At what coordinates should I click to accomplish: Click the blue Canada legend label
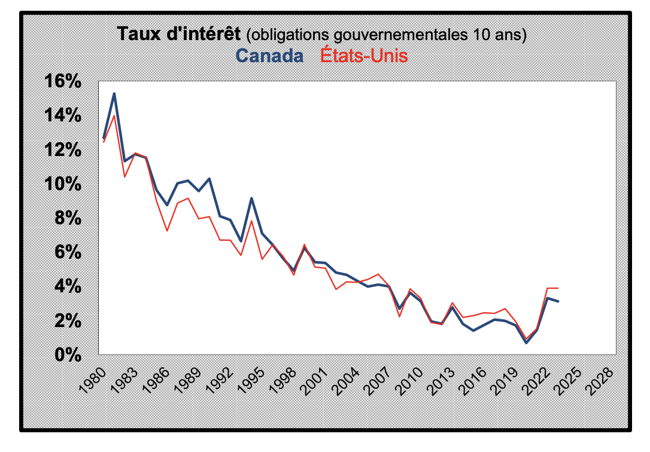pyautogui.click(x=269, y=56)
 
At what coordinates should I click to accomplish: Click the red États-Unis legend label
pyautogui.click(x=364, y=56)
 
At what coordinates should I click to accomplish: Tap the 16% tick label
pyautogui.click(x=63, y=81)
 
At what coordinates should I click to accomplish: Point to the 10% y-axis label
pyautogui.click(x=63, y=184)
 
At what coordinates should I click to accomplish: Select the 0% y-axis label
pyautogui.click(x=68, y=355)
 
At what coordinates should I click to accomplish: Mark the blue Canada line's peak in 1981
pyautogui.click(x=114, y=94)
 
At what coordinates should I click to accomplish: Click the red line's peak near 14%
pyautogui.click(x=114, y=115)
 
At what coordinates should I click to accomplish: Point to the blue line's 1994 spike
pyautogui.click(x=251, y=198)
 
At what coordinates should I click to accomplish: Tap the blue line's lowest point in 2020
pyautogui.click(x=526, y=343)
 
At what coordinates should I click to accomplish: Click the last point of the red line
pyautogui.click(x=558, y=288)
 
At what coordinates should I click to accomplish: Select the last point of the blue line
pyautogui.click(x=558, y=301)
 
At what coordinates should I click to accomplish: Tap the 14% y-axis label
pyautogui.click(x=63, y=115)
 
